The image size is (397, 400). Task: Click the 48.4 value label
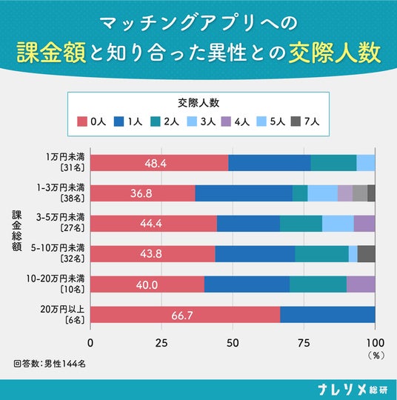click(x=156, y=163)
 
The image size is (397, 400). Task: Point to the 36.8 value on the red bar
click(x=141, y=193)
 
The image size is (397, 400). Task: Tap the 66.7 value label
click(x=182, y=316)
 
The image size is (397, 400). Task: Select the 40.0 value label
click(x=147, y=284)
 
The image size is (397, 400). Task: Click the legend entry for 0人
click(x=92, y=121)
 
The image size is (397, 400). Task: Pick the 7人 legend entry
click(x=305, y=121)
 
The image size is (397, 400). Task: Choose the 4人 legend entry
click(x=236, y=121)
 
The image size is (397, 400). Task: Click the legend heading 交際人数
click(x=198, y=103)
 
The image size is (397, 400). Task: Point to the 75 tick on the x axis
click(x=304, y=343)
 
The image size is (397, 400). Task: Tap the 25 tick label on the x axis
click(x=161, y=343)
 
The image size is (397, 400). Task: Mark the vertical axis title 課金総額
click(x=17, y=231)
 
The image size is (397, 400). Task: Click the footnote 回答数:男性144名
click(x=50, y=364)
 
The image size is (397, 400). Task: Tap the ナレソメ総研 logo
click(x=353, y=390)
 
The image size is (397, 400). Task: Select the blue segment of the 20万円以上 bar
click(x=327, y=315)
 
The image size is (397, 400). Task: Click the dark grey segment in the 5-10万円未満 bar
click(x=367, y=254)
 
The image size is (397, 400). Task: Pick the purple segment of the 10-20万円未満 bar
click(x=361, y=284)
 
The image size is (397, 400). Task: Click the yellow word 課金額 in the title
click(x=51, y=53)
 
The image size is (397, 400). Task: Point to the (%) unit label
click(x=376, y=356)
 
